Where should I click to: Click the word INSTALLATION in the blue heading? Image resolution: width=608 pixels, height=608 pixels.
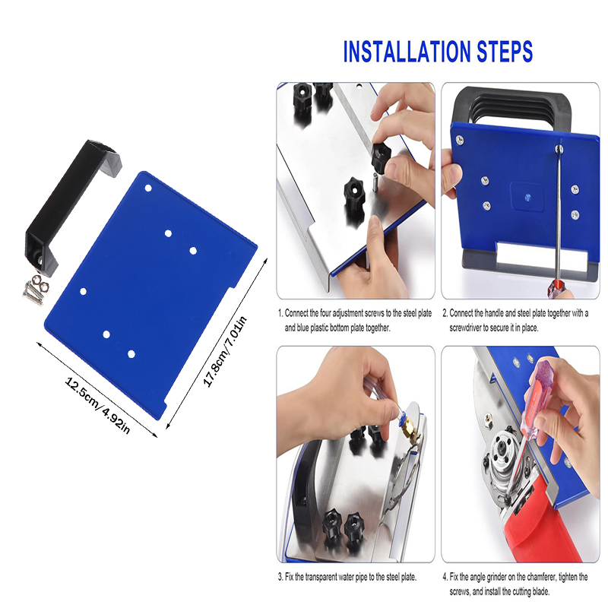click(407, 51)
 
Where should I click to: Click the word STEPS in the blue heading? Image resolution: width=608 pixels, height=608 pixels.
click(505, 51)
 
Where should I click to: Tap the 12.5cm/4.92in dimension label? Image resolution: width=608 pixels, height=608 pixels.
click(97, 405)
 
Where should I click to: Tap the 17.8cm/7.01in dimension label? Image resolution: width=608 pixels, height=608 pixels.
click(225, 351)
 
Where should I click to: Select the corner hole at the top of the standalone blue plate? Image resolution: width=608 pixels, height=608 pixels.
click(148, 188)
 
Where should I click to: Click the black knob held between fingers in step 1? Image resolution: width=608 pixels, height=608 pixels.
click(382, 157)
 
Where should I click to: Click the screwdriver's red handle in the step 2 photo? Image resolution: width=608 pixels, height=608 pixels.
click(554, 290)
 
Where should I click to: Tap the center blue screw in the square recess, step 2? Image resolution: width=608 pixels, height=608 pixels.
click(527, 198)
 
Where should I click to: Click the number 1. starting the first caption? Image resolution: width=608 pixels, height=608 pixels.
click(280, 313)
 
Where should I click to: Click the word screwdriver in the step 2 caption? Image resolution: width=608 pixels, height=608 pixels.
click(465, 328)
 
